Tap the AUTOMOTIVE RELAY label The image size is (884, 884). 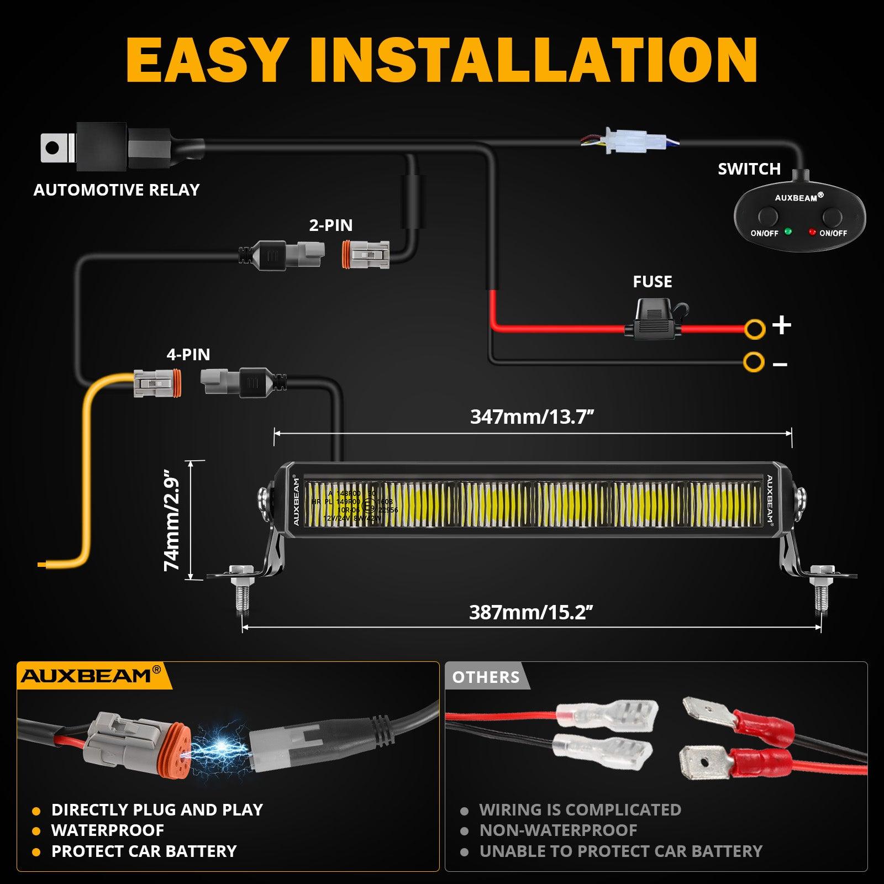coord(116,190)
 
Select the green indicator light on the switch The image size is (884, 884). coord(788,231)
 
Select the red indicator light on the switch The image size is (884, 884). coord(812,232)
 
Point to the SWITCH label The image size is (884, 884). coord(749,169)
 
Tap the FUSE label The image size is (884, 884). coord(653,282)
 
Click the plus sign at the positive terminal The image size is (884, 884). coord(782,325)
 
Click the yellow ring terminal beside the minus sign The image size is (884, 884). coord(754,362)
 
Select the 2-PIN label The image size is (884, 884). coord(330,225)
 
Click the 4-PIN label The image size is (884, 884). coord(188,354)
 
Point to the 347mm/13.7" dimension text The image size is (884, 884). coord(532,417)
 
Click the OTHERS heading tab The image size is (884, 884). coord(486,677)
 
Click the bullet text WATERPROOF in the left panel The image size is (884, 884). coord(108,830)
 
